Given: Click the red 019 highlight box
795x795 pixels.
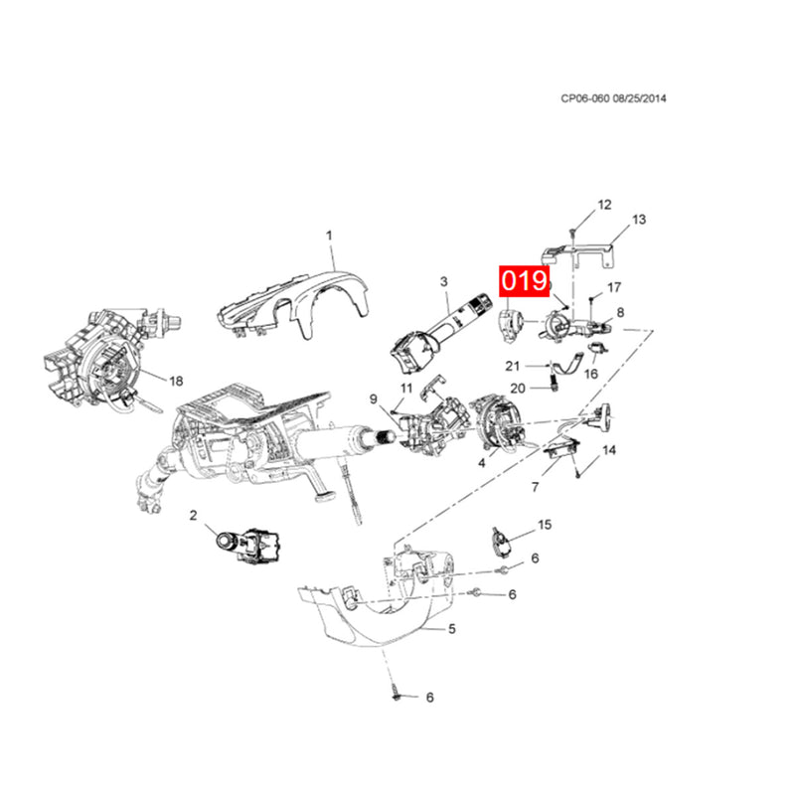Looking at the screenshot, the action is pyautogui.click(x=525, y=281).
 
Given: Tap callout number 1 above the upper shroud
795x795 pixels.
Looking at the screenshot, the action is pyautogui.click(x=329, y=236).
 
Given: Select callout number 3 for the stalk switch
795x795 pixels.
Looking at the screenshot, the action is pyautogui.click(x=444, y=281).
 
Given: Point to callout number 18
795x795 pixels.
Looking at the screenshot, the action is pyautogui.click(x=176, y=381).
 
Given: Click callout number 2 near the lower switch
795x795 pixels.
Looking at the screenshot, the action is pyautogui.click(x=193, y=516).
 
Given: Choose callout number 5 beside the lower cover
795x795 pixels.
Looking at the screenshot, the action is pyautogui.click(x=452, y=629).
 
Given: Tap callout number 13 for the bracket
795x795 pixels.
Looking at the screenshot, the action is pyautogui.click(x=639, y=220).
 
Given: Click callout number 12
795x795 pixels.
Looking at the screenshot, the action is pyautogui.click(x=604, y=205).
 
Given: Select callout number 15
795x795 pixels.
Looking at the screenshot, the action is pyautogui.click(x=545, y=525).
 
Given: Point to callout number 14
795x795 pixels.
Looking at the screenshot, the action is pyautogui.click(x=609, y=450).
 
